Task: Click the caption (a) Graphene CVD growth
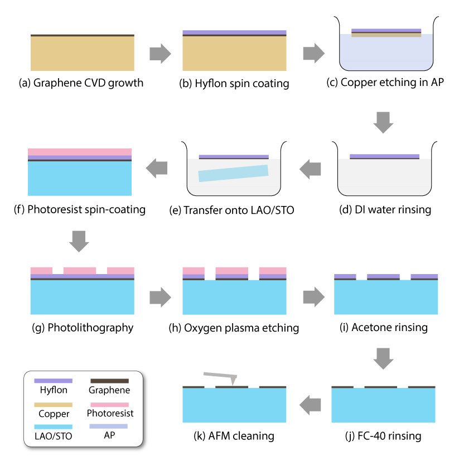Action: tap(81, 84)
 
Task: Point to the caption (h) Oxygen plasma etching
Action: tap(234, 328)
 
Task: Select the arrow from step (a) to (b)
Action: tap(160, 54)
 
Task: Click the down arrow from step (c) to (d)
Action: tap(385, 122)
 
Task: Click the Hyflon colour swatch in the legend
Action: tap(53, 381)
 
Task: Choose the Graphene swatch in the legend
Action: tap(109, 381)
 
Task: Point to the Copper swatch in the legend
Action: tap(53, 404)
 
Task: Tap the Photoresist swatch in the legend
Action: tap(109, 404)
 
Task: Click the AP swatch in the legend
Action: tap(109, 426)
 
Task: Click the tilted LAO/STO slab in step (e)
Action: tap(233, 172)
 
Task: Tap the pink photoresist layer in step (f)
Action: tap(80, 152)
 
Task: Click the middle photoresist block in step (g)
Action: tap(80, 271)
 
